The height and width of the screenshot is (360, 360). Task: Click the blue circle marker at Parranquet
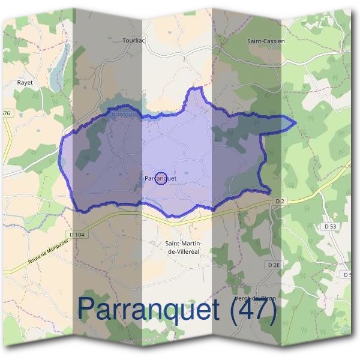pos(161,178)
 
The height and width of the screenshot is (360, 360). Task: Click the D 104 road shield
pos(78,234)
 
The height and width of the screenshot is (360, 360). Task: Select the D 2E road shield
pos(274,265)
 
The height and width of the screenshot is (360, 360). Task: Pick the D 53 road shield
pos(330,227)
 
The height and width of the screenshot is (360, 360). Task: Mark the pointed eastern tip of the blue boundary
pos(295,124)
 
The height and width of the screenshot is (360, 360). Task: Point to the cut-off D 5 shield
pos(348,275)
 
